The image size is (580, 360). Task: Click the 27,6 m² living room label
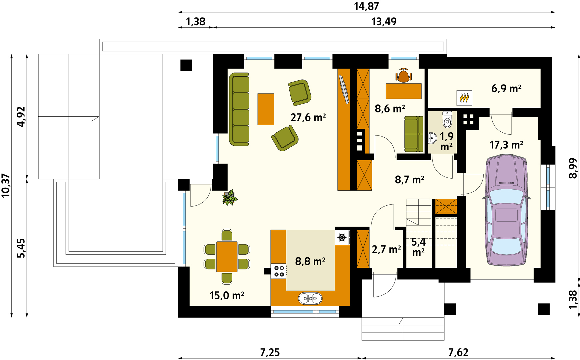pos(308,117)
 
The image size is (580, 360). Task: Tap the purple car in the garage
pos(506,210)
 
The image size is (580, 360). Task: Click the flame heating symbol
pos(464,98)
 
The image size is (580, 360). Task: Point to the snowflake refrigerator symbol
pos(342,237)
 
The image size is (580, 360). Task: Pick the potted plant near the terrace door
pos(230,198)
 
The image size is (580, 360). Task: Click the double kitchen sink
pos(310,298)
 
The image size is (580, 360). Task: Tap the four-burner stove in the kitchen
pos(279,271)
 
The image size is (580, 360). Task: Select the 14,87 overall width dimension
pos(366,6)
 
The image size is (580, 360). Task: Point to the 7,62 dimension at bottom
pos(458,352)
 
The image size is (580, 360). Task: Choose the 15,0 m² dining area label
pos(227,295)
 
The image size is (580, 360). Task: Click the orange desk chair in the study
pos(403,75)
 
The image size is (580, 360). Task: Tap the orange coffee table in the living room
pos(266,109)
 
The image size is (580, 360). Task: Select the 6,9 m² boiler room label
pos(506,88)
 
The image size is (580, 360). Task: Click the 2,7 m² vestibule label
pos(386,249)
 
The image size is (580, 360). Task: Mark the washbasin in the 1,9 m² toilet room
pos(432,138)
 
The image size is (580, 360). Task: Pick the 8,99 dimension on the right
pos(573,168)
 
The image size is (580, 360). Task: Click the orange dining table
pos(227,257)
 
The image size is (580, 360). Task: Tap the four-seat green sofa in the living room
pos(239,109)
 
